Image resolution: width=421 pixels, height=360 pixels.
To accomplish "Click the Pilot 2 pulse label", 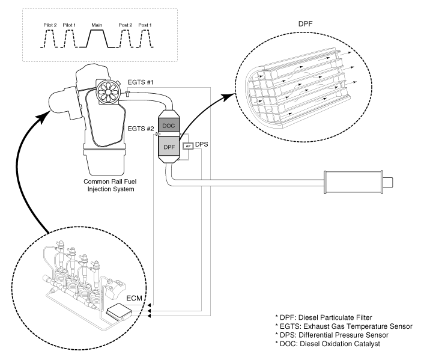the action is coord(50,25).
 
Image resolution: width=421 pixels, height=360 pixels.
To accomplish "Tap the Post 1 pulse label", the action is coord(145,25).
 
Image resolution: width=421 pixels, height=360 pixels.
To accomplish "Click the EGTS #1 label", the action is coord(141,82).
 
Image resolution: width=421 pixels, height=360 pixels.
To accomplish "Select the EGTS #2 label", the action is coord(141,129).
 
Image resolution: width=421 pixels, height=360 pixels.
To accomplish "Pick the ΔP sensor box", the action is coord(188,146).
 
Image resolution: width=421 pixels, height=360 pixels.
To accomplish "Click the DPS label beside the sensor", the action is coord(201,144).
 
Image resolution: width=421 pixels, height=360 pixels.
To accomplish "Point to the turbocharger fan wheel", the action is coord(108,92).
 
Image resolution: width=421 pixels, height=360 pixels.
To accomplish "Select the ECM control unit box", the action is coord(120,313).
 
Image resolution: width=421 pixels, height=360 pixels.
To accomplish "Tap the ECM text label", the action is coord(134,298).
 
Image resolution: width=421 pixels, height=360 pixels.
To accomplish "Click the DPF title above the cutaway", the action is coord(306,23).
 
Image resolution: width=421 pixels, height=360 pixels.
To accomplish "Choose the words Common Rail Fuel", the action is coord(110,182).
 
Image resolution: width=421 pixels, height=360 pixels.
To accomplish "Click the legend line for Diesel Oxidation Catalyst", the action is coord(327,344).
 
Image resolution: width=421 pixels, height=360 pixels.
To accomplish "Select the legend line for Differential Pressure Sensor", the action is coord(332,335).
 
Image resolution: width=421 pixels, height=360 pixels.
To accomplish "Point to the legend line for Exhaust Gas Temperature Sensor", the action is coord(344,326).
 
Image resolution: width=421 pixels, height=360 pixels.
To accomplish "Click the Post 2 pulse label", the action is coord(126,25).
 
